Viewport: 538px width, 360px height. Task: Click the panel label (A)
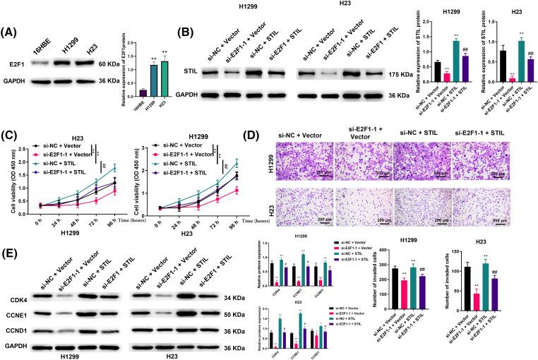tap(12, 33)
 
